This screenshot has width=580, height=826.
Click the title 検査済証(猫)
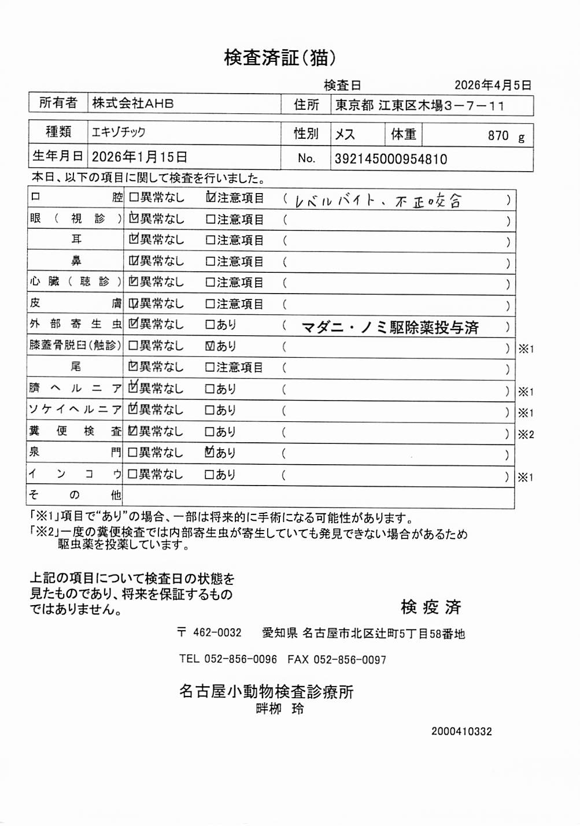pos(280,57)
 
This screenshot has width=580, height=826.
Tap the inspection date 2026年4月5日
pos(493,86)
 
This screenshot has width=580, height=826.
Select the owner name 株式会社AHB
pos(133,103)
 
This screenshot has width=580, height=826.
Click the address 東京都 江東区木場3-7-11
pos(420,106)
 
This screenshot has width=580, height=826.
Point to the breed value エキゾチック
pos(119,132)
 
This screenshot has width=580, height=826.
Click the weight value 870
pos(498,136)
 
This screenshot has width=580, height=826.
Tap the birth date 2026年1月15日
pos(139,157)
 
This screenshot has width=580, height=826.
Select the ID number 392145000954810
pos(391,160)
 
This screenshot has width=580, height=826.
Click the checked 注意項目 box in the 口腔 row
pos(210,198)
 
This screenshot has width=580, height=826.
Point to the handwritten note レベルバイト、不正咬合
pos(378,201)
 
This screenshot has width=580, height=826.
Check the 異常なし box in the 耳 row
pos(134,240)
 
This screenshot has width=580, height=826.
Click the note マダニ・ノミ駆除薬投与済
pos(390,328)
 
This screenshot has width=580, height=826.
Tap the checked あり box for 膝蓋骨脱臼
pos(210,346)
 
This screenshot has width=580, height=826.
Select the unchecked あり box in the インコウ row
pos(210,475)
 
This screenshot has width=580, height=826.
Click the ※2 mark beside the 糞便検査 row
pos(526,435)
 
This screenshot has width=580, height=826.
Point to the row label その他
pos(75,495)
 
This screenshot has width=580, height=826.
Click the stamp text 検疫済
pos(431,607)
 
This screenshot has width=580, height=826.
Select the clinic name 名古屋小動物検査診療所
pos(266,691)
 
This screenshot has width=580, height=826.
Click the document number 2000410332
pos(461,731)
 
